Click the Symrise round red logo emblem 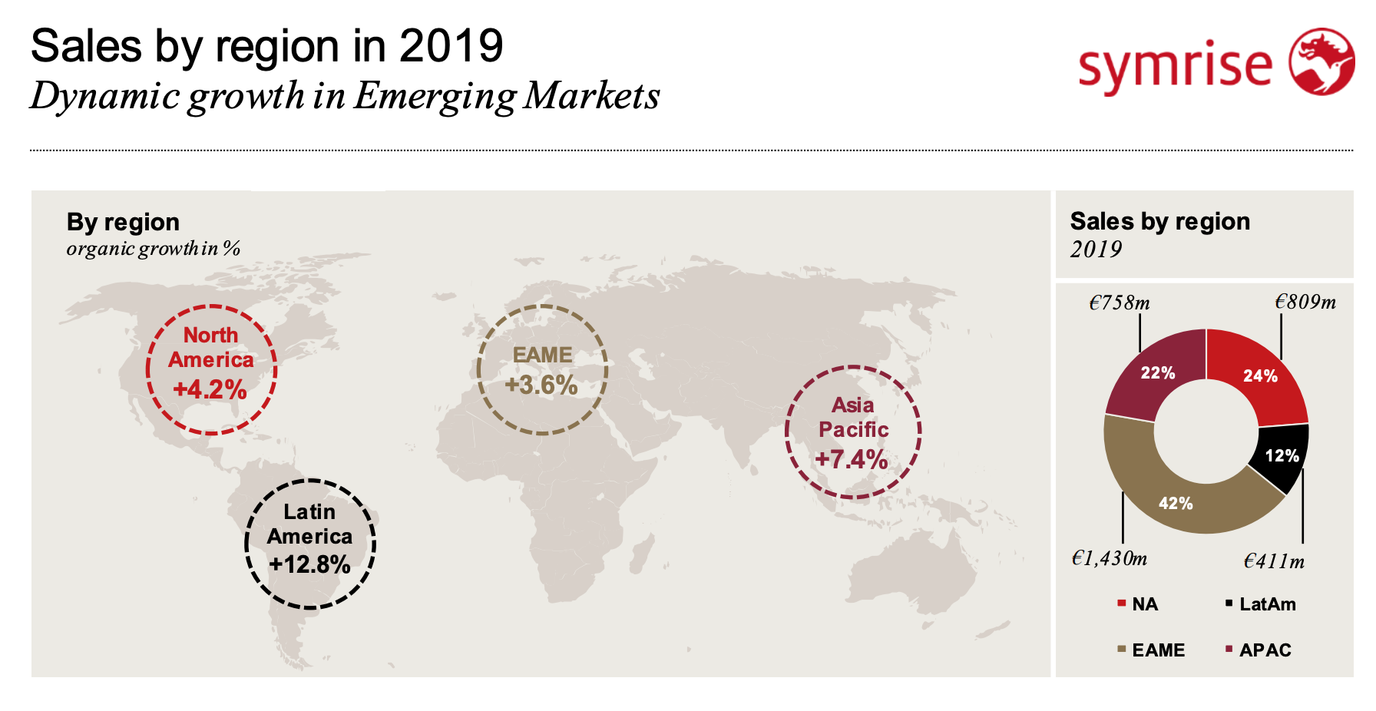point(1321,61)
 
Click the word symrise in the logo point(1175,66)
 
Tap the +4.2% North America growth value point(210,389)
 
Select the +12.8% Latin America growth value point(309,564)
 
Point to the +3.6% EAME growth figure point(541,385)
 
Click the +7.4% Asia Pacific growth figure point(852,459)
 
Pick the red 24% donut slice point(1260,375)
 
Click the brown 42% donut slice point(1176,504)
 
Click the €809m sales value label point(1305,302)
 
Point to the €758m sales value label point(1120,303)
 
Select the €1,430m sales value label point(1110,558)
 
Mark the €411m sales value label point(1274,561)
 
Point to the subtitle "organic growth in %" point(154,249)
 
